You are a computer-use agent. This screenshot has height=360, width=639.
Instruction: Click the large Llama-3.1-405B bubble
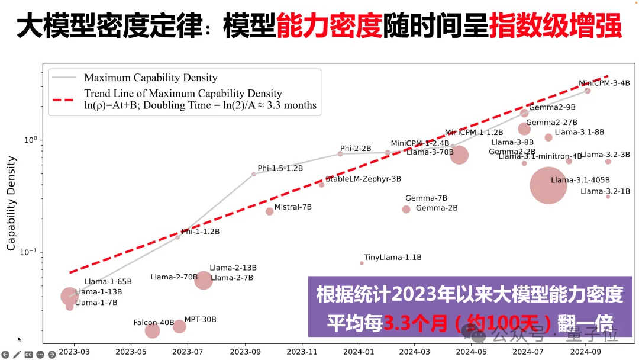548,185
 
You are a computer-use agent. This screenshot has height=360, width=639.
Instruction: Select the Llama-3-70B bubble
459,155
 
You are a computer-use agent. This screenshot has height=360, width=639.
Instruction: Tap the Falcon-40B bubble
153,330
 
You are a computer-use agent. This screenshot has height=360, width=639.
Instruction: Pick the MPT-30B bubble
179,326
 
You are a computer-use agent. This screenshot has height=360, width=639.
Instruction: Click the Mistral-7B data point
270,211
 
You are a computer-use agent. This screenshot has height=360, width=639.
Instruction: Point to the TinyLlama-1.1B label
392,258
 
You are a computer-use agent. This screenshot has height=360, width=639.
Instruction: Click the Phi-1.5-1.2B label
280,168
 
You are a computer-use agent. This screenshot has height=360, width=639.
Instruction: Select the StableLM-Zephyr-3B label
363,179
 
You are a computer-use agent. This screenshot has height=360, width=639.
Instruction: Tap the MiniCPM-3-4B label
604,83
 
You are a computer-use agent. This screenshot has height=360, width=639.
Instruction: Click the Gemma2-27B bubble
524,129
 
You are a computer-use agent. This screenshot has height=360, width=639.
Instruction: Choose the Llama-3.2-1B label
605,191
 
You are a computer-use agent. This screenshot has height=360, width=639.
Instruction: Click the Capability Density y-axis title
11,203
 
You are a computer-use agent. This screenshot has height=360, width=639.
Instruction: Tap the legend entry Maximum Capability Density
151,78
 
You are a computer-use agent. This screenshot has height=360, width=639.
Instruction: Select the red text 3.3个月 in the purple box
411,323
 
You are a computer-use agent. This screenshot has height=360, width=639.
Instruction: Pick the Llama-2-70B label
174,277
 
